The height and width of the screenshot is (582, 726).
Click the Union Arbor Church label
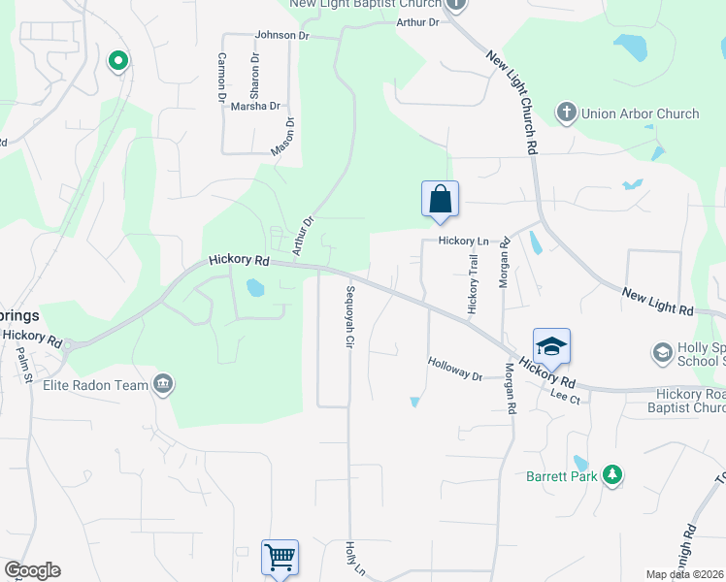[640, 113]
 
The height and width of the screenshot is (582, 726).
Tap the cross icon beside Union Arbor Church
[566, 113]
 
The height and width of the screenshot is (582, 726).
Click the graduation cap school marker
[550, 347]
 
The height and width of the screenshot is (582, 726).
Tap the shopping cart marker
[280, 558]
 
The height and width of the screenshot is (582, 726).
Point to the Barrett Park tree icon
[611, 475]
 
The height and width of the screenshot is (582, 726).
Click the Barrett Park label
[561, 476]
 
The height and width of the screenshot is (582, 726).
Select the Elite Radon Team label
[95, 385]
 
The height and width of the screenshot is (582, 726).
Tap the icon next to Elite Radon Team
[163, 385]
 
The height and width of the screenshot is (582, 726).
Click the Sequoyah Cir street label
[349, 316]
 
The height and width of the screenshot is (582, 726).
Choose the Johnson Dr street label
[281, 36]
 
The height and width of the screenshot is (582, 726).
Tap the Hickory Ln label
[463, 241]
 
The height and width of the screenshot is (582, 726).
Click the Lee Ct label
[564, 395]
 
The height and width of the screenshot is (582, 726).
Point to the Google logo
[32, 570]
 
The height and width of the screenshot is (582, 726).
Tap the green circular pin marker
[118, 62]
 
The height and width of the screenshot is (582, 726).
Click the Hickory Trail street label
[474, 282]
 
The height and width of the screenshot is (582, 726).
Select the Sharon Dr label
[255, 77]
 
